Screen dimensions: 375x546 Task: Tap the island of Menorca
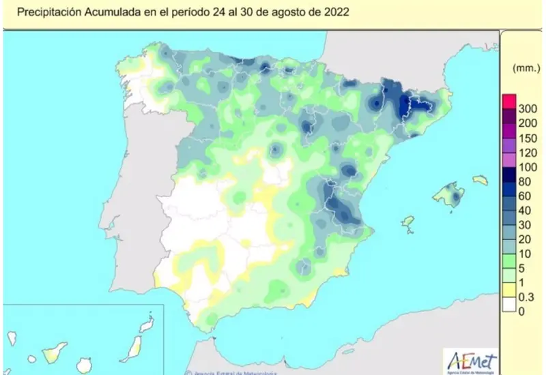point(480,180)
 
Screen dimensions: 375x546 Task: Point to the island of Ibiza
point(407,223)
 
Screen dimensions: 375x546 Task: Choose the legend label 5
point(522,269)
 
